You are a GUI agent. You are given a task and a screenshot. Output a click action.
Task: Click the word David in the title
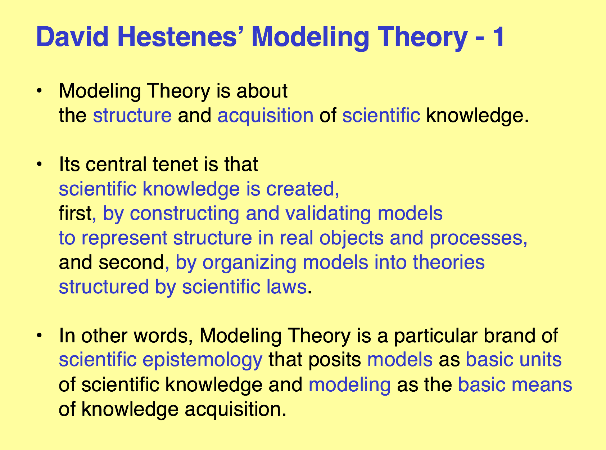pos(72,37)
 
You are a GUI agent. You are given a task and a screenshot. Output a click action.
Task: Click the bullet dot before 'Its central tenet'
pos(39,164)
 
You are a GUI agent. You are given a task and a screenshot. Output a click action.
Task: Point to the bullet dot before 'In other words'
pos(39,336)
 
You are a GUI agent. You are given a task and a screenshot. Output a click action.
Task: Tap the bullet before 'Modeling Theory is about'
pos(39,91)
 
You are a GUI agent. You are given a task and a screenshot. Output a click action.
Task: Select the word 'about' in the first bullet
pos(262,91)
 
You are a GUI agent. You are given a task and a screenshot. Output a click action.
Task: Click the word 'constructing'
pos(184,214)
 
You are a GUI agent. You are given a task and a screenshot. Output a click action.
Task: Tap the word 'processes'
pos(476,238)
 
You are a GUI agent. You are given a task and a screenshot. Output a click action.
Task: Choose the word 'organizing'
pos(249,263)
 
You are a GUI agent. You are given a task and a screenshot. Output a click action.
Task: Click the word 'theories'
pos(449,262)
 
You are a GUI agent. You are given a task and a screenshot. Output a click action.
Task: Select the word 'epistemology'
pos(203,360)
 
